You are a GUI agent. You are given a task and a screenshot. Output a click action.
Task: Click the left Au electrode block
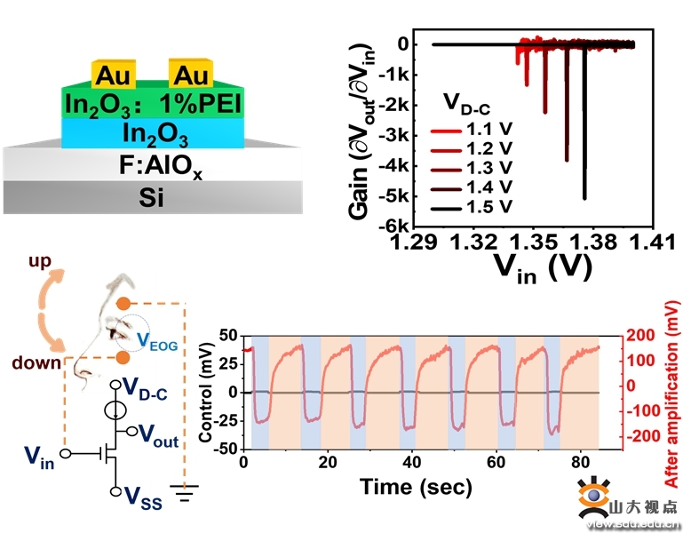tap(113, 75)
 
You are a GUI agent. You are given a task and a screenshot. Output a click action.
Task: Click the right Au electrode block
tap(190, 75)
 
